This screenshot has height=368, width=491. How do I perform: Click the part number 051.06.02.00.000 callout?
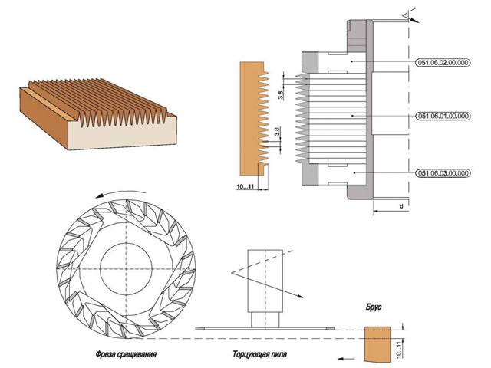coord(443,62)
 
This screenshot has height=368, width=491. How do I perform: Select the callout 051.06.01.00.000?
coord(443,116)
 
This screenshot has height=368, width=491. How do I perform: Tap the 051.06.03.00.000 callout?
coord(443,173)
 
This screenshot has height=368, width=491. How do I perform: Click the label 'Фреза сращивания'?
coord(126,354)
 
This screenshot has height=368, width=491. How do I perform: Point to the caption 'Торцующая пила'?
coord(259,354)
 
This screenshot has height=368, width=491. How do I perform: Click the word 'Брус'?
coord(374,307)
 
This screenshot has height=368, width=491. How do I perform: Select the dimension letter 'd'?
coord(401,206)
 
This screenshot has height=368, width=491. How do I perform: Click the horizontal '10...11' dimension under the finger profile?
coord(245,187)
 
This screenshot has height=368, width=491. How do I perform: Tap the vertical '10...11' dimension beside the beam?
coord(399,350)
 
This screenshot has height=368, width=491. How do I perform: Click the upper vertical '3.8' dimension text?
coord(281,95)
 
